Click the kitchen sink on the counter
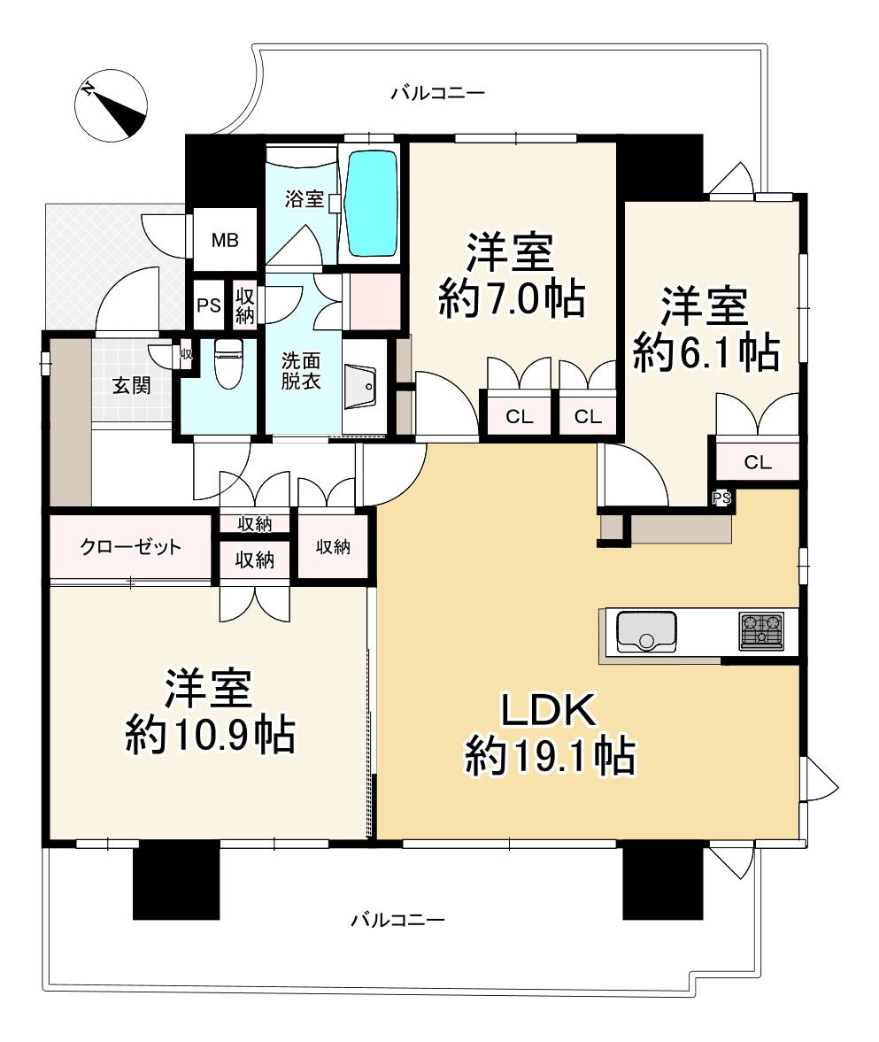click(645, 632)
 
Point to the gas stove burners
click(760, 632)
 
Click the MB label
click(223, 241)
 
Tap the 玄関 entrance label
click(130, 385)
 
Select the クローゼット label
click(131, 546)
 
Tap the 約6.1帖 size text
click(706, 351)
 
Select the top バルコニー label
click(438, 92)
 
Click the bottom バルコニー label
click(397, 920)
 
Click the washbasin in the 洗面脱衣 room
click(361, 386)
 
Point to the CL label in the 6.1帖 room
click(757, 461)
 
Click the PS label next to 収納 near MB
click(209, 305)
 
